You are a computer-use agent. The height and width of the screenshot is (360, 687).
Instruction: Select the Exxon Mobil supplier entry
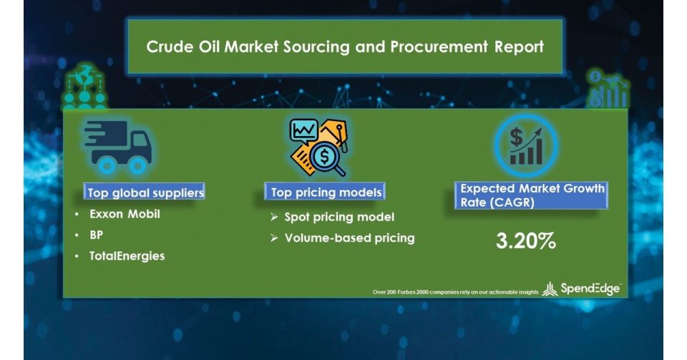[125, 214]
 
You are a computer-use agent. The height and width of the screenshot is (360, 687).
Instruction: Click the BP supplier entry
[97, 235]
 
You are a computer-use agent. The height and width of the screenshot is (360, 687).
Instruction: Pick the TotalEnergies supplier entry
[127, 256]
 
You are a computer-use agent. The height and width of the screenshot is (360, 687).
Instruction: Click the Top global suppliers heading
[145, 193]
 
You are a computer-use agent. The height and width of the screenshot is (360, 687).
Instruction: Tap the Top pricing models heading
[326, 193]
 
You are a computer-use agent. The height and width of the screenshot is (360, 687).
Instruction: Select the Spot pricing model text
[339, 218]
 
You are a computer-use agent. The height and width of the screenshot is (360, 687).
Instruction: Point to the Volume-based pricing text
[350, 238]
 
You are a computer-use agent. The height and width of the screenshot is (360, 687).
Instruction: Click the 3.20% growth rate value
[526, 241]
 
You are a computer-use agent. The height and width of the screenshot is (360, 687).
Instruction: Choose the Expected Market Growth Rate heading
[532, 195]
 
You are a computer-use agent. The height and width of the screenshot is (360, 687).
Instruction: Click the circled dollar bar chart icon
[526, 146]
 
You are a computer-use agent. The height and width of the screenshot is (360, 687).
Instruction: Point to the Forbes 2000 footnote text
[455, 292]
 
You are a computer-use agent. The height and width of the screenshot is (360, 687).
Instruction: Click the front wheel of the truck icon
[137, 165]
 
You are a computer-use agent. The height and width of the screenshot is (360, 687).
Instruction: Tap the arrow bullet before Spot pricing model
[274, 218]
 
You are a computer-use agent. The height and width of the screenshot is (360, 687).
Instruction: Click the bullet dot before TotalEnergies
[77, 256]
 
